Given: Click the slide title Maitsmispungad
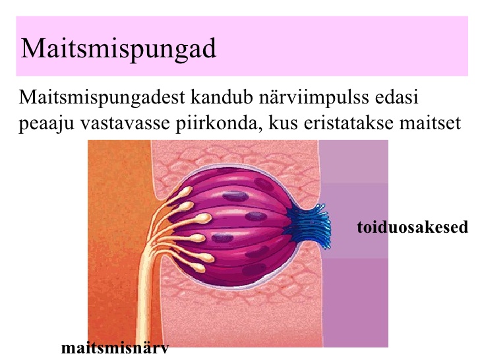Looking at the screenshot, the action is click(118, 49).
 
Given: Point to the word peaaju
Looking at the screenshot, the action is click(47, 124).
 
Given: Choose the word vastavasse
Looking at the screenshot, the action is click(125, 124).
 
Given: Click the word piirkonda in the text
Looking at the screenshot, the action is click(217, 124).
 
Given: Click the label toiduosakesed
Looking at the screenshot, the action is click(412, 227).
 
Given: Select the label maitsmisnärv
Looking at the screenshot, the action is click(115, 348).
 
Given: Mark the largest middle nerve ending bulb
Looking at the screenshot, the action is click(203, 218).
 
